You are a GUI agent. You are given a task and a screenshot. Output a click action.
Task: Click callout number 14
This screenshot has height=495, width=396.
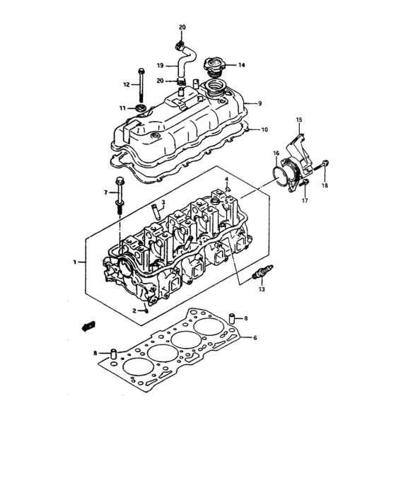(x=241, y=65)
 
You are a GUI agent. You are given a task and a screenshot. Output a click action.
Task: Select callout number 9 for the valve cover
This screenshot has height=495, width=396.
(x=260, y=103)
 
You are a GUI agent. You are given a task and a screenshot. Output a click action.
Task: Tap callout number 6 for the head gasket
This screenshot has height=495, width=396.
(x=255, y=338)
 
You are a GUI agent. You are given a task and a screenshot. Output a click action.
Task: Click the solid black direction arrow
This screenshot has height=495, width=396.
(x=88, y=325)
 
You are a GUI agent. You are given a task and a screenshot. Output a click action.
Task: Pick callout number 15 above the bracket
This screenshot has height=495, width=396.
(x=298, y=120)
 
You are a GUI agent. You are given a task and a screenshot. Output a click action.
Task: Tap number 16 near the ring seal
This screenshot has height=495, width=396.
(x=276, y=153)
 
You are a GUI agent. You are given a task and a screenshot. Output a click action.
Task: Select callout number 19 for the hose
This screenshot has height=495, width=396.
(x=160, y=66)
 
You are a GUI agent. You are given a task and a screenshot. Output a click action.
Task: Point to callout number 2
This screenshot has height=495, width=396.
(x=134, y=310)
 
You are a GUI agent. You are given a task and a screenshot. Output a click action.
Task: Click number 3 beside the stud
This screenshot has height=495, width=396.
(x=163, y=202)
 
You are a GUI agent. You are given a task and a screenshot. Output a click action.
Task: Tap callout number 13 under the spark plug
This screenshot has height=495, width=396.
(x=262, y=290)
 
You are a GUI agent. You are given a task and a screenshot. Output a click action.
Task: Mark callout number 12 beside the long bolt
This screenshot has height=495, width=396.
(x=127, y=85)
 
